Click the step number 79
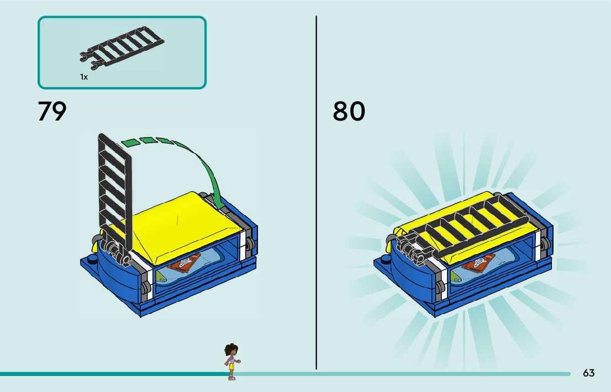52,111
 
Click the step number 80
349,111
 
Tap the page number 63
588,373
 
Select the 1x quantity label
83,77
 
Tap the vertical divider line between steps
316,194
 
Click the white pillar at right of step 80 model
538,243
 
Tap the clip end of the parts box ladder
87,60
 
